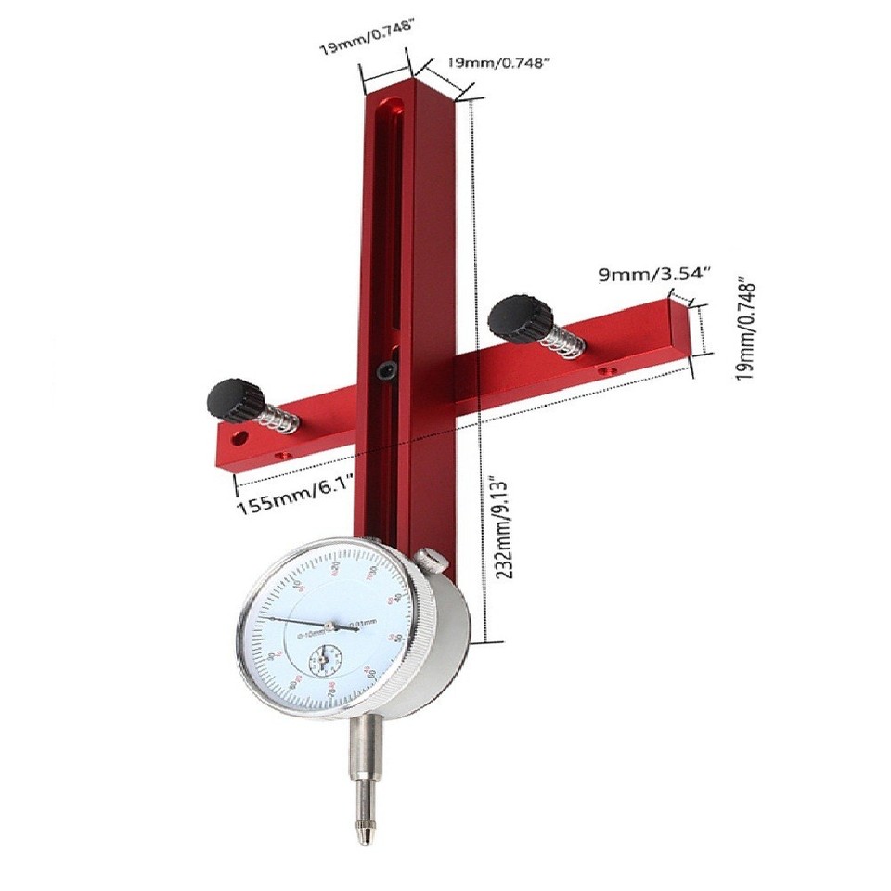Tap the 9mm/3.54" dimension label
pyautogui.click(x=655, y=275)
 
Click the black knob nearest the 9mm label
pyautogui.click(x=515, y=318)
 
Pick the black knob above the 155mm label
pyautogui.click(x=230, y=400)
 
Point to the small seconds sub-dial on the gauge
pyautogui.click(x=325, y=662)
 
